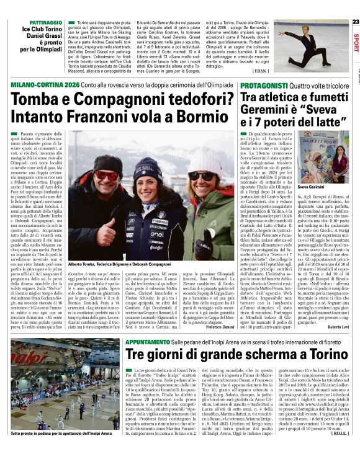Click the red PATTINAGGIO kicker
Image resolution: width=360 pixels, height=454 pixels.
(x=42, y=22)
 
